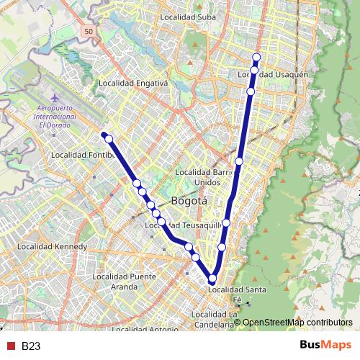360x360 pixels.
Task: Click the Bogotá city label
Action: tap(189, 201)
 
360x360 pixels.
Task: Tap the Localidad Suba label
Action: tap(188, 17)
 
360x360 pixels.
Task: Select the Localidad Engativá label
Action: tap(136, 83)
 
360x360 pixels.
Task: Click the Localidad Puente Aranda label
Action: tap(125, 282)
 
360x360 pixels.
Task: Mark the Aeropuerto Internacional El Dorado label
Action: tap(56, 116)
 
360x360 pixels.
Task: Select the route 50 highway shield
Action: tap(88, 32)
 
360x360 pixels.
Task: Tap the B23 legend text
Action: tap(31, 346)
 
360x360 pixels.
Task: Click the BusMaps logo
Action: tap(325, 345)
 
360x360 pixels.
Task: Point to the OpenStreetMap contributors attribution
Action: tap(298, 323)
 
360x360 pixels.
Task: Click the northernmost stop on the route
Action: tap(256, 57)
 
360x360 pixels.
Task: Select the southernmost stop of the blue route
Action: tap(212, 279)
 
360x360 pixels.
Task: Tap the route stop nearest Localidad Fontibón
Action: tap(109, 139)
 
